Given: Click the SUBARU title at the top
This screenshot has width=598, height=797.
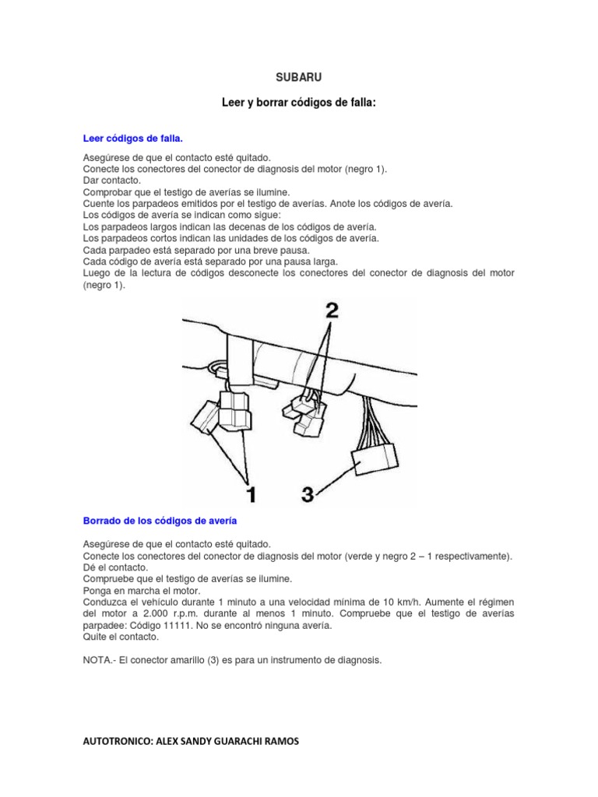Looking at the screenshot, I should pyautogui.click(x=298, y=78).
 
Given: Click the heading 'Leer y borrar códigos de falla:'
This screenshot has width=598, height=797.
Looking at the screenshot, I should pyautogui.click(x=298, y=103).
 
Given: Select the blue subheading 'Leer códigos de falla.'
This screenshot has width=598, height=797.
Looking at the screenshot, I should pyautogui.click(x=133, y=139).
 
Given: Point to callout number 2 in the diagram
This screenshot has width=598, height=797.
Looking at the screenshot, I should pyautogui.click(x=331, y=311).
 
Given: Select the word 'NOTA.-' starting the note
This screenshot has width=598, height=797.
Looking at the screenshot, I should pyautogui.click(x=99, y=659).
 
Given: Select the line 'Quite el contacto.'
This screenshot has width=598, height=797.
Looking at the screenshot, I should pyautogui.click(x=120, y=636).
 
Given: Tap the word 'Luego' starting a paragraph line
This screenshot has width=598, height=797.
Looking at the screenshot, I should pyautogui.click(x=97, y=273).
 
